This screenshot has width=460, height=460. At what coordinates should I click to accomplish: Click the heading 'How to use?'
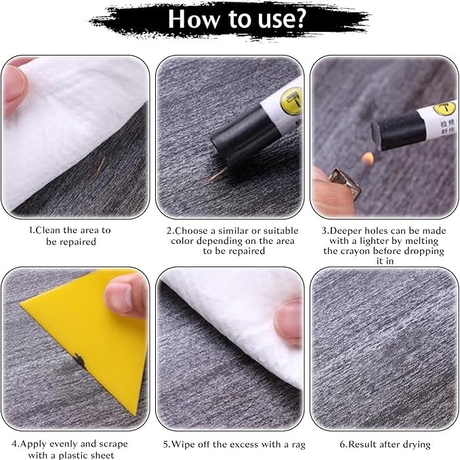pos(230,20)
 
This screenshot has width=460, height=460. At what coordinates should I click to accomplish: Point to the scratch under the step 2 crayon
pos(217,175)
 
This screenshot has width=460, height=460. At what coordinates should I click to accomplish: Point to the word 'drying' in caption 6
pos(415,444)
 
